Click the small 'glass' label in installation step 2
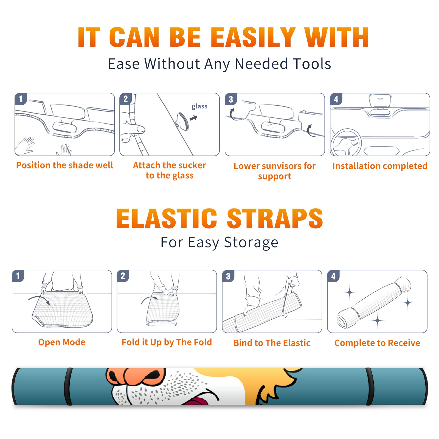199,106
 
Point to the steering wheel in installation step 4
346,142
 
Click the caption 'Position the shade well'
64,165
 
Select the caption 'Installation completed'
380,166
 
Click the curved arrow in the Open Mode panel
39,299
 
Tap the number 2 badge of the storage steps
123,276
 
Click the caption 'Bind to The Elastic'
272,343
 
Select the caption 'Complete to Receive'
377,343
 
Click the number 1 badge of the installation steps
21,99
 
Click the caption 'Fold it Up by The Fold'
167,342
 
